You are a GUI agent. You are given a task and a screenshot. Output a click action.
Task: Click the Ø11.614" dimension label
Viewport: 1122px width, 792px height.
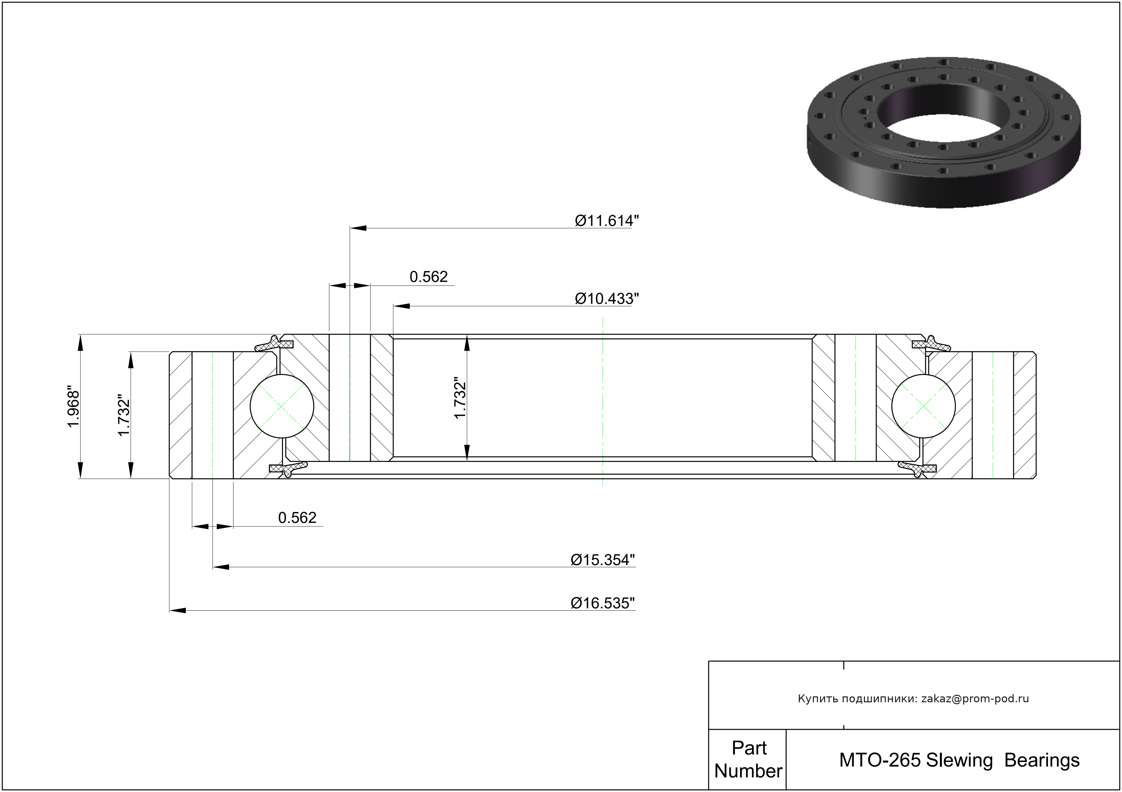coord(607,221)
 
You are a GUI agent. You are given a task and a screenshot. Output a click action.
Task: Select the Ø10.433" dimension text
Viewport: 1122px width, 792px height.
coord(607,299)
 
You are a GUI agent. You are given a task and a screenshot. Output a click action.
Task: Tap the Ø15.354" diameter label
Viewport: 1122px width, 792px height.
coord(603,560)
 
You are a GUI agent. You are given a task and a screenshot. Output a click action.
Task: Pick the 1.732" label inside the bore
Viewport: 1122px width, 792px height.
coord(460,398)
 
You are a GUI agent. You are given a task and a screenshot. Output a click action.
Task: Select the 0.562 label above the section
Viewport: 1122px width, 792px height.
coord(429,277)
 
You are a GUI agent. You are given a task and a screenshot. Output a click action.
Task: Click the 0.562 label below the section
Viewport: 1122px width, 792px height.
coord(297,517)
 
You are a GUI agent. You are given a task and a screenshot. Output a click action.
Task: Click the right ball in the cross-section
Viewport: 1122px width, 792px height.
coord(924,406)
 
